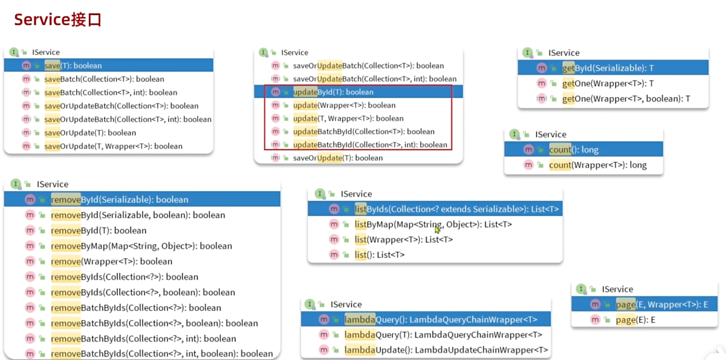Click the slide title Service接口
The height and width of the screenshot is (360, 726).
(58, 20)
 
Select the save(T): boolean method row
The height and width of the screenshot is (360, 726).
(73, 65)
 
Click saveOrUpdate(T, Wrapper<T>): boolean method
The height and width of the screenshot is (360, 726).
(113, 146)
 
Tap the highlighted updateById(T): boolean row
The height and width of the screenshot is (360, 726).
(333, 92)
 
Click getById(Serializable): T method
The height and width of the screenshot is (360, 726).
(607, 68)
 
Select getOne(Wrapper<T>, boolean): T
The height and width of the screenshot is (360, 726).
(626, 98)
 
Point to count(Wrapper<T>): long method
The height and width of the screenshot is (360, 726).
(597, 165)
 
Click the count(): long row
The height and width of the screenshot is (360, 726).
(573, 149)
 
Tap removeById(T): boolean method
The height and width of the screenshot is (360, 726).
(98, 230)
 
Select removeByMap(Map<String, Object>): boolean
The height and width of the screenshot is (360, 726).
(141, 246)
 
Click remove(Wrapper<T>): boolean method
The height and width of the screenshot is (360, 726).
(112, 261)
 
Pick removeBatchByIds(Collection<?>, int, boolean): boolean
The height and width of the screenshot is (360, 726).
(162, 353)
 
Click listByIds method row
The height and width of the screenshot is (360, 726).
(456, 209)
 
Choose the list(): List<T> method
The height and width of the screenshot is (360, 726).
(379, 255)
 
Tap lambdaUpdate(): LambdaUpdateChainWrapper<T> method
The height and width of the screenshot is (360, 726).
(446, 350)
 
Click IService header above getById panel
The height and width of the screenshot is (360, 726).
(563, 53)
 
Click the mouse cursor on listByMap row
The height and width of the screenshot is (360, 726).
(437, 229)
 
